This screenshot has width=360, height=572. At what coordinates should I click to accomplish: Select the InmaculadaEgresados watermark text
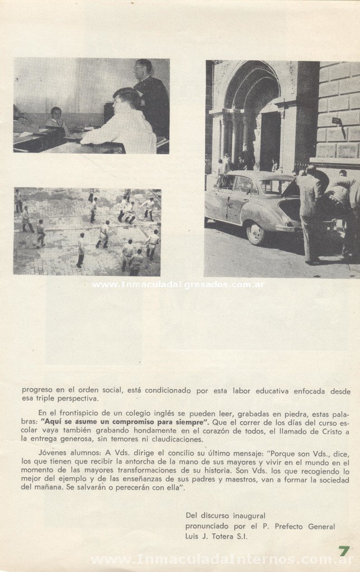[177, 284]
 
